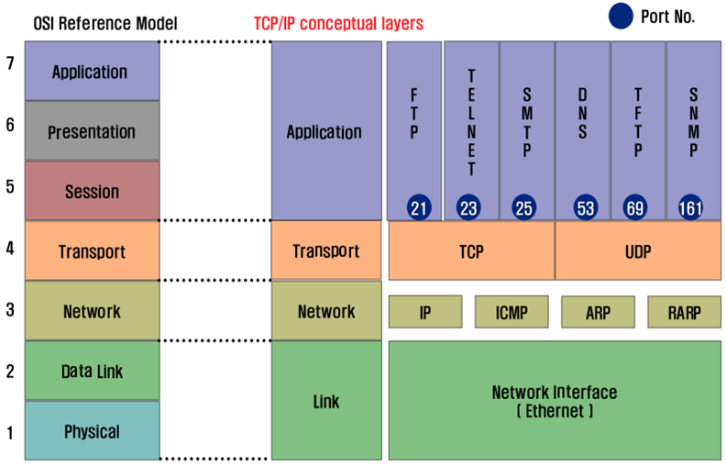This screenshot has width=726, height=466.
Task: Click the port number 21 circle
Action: pyautogui.click(x=419, y=207)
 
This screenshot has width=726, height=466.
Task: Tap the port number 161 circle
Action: pyautogui.click(x=690, y=207)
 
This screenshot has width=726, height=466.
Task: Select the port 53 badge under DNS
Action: pyautogui.click(x=585, y=207)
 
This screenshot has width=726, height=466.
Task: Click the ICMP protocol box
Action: pyautogui.click(x=511, y=312)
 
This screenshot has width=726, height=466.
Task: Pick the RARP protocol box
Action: pyautogui.click(x=685, y=312)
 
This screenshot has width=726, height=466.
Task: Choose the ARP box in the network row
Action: pyautogui.click(x=598, y=312)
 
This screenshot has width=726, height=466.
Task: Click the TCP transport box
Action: pyautogui.click(x=471, y=250)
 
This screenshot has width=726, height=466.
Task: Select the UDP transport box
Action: pyautogui.click(x=638, y=250)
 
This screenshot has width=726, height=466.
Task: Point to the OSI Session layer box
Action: pyautogui.click(x=93, y=191)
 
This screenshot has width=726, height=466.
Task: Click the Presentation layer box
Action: pyautogui.click(x=93, y=131)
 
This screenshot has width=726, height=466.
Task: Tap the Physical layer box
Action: pyautogui.click(x=93, y=430)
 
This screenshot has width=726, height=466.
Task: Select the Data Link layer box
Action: pyautogui.click(x=93, y=371)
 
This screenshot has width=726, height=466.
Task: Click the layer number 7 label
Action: pyautogui.click(x=10, y=62)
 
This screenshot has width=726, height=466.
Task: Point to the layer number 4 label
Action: pyautogui.click(x=10, y=249)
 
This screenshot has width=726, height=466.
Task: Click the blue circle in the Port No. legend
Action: pyautogui.click(x=621, y=16)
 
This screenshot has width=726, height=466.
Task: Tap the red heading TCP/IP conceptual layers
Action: pyautogui.click(x=338, y=23)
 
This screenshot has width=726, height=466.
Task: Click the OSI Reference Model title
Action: pyautogui.click(x=105, y=23)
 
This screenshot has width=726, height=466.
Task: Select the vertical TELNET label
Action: pyautogui.click(x=471, y=123)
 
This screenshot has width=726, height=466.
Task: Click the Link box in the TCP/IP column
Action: pyautogui.click(x=326, y=400)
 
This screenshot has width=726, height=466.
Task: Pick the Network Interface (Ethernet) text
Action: pyautogui.click(x=555, y=401)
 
